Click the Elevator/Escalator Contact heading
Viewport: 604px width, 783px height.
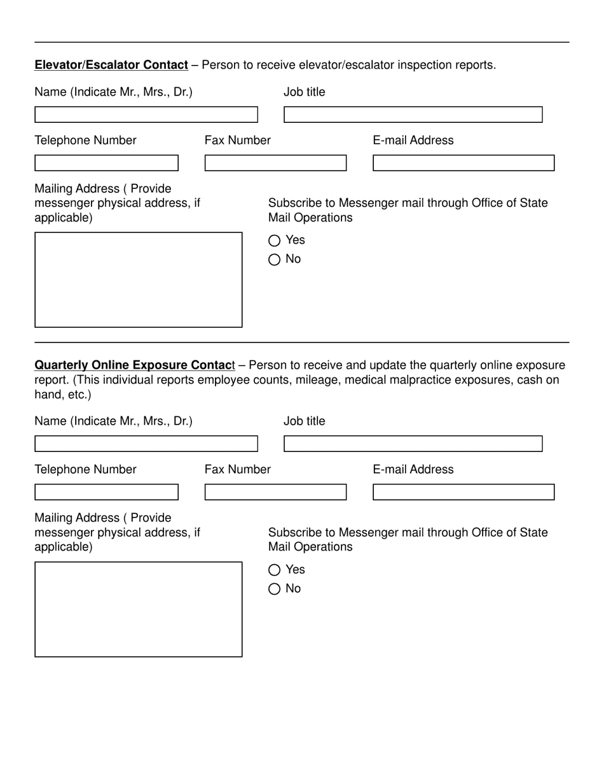click(111, 65)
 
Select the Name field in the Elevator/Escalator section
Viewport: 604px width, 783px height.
click(146, 115)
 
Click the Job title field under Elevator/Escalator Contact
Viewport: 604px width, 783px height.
click(413, 115)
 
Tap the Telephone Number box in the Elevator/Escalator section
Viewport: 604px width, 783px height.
click(106, 163)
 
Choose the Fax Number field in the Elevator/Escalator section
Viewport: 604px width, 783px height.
click(275, 163)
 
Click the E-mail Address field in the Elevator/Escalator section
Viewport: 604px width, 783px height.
click(463, 163)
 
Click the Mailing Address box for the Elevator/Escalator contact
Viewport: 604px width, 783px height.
click(138, 280)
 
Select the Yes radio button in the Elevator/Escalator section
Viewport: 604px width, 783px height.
click(274, 241)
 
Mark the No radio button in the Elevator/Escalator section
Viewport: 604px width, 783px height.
click(274, 260)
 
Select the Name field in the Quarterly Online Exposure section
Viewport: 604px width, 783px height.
click(146, 444)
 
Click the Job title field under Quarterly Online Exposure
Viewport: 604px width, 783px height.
click(413, 444)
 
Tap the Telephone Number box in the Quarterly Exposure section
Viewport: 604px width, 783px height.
click(106, 492)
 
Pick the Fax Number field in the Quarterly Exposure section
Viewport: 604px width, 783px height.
click(275, 492)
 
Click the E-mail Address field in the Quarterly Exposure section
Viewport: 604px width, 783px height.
click(463, 492)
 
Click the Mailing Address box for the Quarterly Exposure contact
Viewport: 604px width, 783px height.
click(138, 609)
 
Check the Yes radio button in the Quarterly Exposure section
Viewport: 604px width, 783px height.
click(274, 570)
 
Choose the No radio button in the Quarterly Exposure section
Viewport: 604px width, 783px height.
click(274, 589)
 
